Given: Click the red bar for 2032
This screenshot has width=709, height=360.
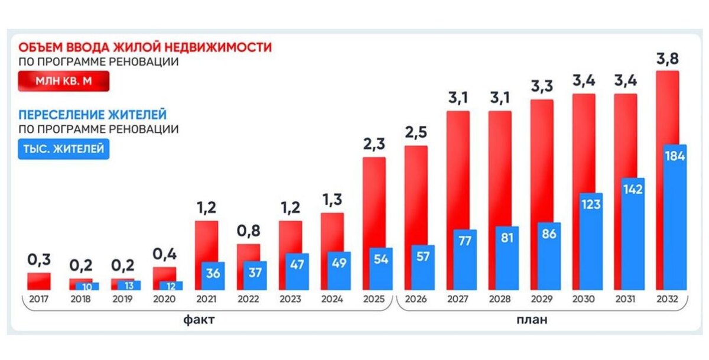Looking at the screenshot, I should tap(668, 106).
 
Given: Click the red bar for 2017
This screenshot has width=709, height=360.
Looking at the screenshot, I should tap(39, 281).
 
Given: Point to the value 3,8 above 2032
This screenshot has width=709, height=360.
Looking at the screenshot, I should tap(667, 59).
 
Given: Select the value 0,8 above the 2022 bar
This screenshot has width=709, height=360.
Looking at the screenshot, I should tap(248, 231).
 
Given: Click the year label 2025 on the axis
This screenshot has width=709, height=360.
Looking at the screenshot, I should tap(374, 299).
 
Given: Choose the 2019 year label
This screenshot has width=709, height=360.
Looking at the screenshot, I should tap(122, 299).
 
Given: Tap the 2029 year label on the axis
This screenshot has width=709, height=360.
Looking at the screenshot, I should tap(541, 299).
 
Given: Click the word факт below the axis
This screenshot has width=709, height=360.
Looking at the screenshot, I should tap(199, 321).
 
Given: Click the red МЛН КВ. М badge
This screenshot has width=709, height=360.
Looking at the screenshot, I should tap(64, 80).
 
